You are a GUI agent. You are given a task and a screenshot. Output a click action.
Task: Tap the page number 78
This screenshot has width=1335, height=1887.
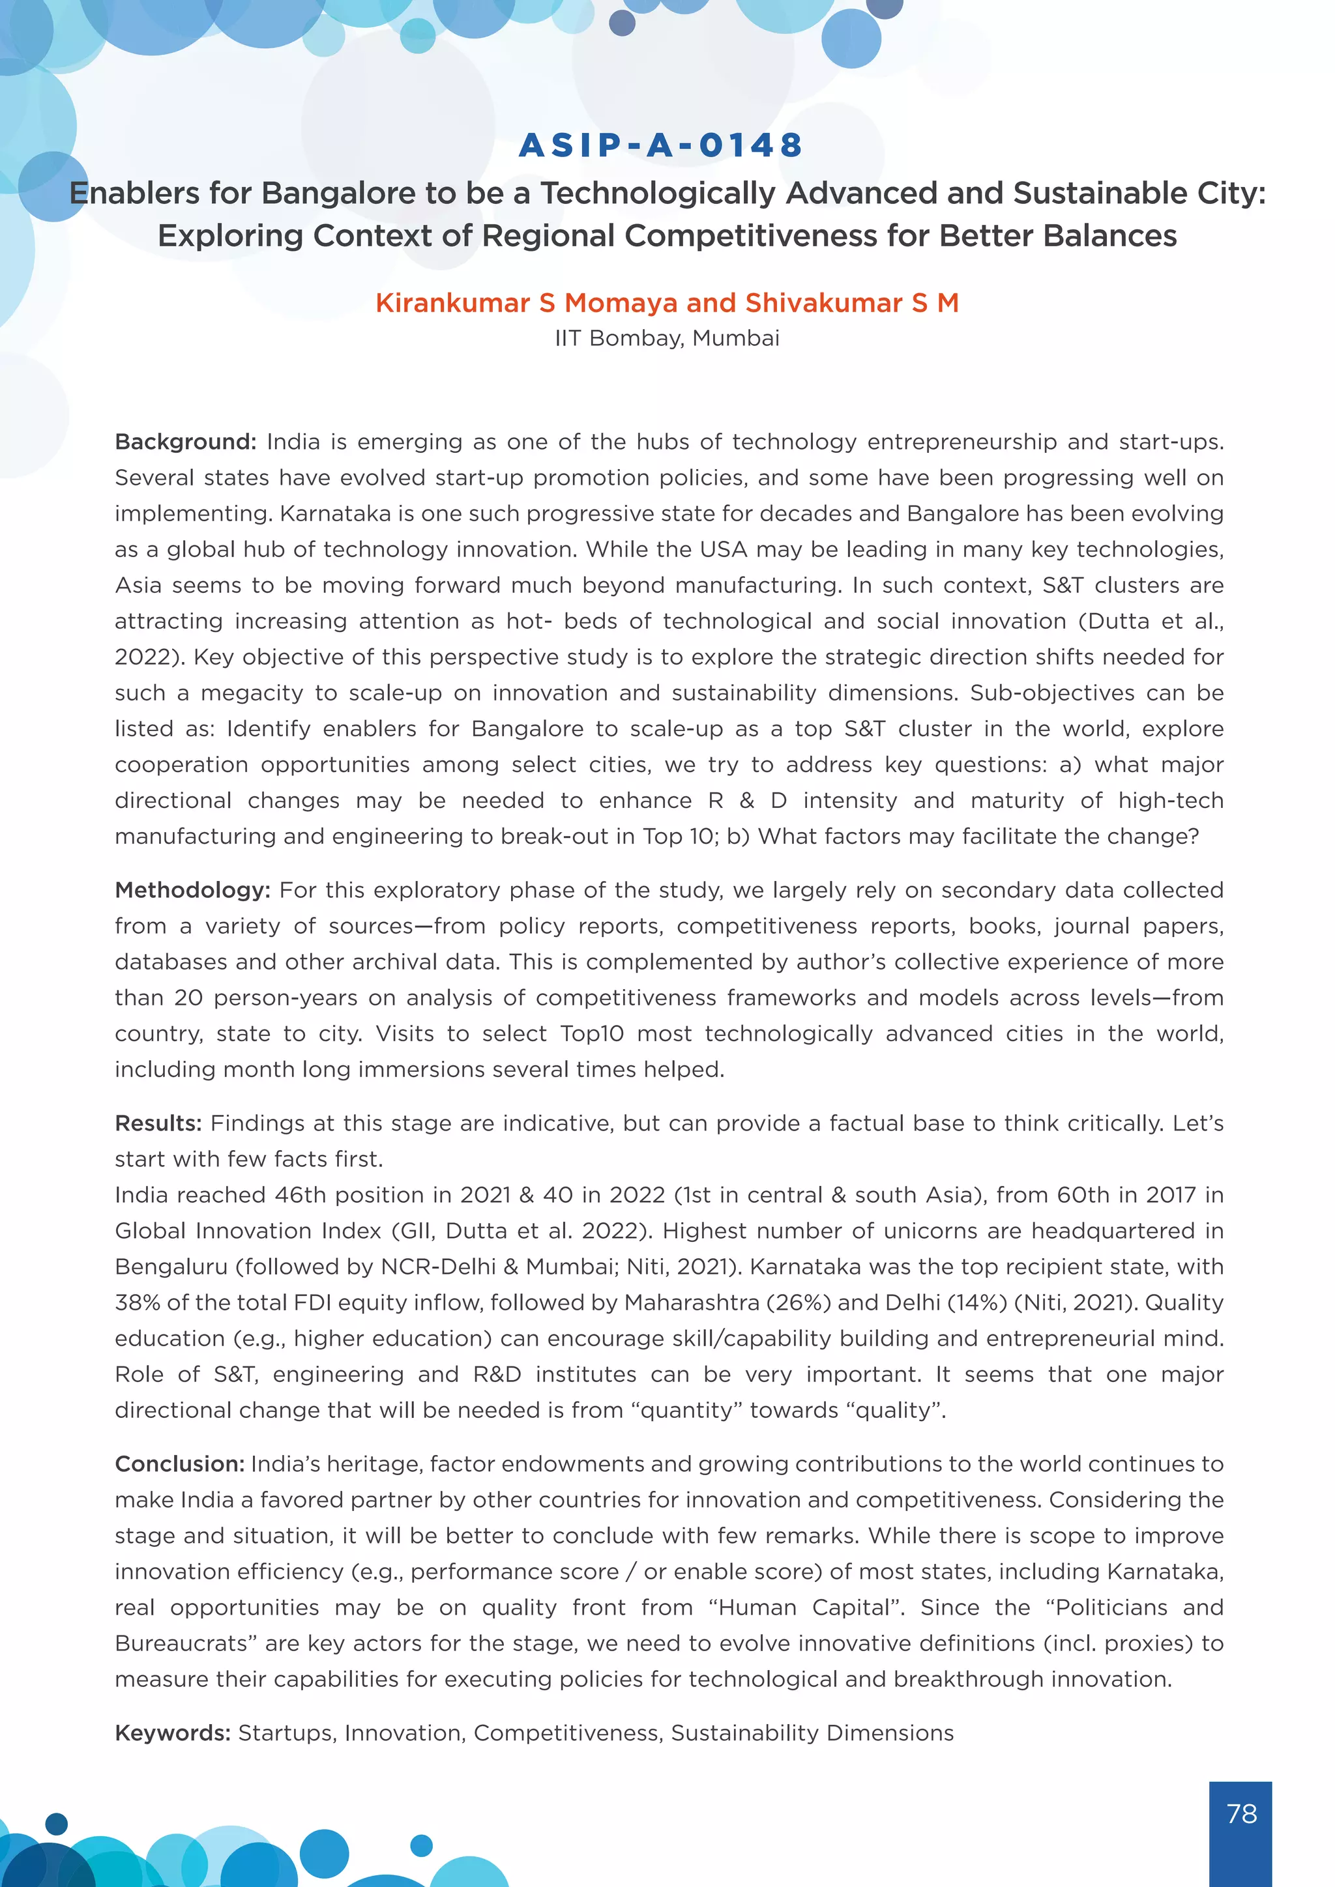pos(1240,1813)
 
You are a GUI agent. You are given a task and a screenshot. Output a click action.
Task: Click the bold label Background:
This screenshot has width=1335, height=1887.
pos(186,442)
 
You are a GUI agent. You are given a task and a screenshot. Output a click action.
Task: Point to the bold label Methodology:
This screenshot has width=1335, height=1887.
pos(192,890)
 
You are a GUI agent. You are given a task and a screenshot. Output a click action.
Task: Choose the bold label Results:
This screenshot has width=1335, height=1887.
pos(158,1123)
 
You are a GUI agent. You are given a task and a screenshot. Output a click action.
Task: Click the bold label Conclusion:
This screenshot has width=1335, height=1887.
pos(179,1463)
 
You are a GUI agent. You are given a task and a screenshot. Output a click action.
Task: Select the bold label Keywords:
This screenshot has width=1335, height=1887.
pos(173,1733)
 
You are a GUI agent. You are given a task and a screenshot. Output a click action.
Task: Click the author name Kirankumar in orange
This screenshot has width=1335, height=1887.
pos(452,303)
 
